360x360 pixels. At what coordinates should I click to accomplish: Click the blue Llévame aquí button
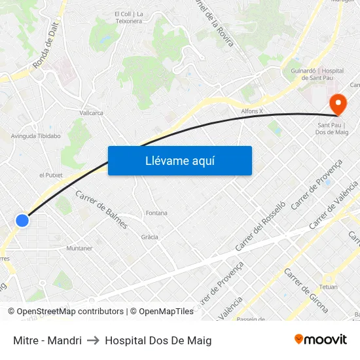(179, 160)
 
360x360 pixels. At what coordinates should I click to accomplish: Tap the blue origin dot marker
(22, 221)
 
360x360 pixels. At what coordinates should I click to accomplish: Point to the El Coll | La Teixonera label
(128, 18)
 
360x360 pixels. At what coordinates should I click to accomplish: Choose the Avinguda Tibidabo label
(36, 136)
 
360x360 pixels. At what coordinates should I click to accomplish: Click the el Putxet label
(50, 175)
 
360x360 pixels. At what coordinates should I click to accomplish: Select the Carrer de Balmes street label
(101, 209)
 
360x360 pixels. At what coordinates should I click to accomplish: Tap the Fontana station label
(156, 213)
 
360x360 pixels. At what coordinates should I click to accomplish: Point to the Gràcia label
(149, 237)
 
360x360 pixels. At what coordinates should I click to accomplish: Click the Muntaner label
(79, 249)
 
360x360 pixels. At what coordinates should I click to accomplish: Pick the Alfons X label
(252, 111)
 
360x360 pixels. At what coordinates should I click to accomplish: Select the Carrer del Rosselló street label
(261, 226)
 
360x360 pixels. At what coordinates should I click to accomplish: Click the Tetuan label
(329, 287)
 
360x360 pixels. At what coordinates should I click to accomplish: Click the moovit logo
(320, 339)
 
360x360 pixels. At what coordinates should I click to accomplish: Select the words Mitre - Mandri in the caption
(47, 340)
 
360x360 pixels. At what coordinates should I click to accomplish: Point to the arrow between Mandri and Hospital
(93, 340)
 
